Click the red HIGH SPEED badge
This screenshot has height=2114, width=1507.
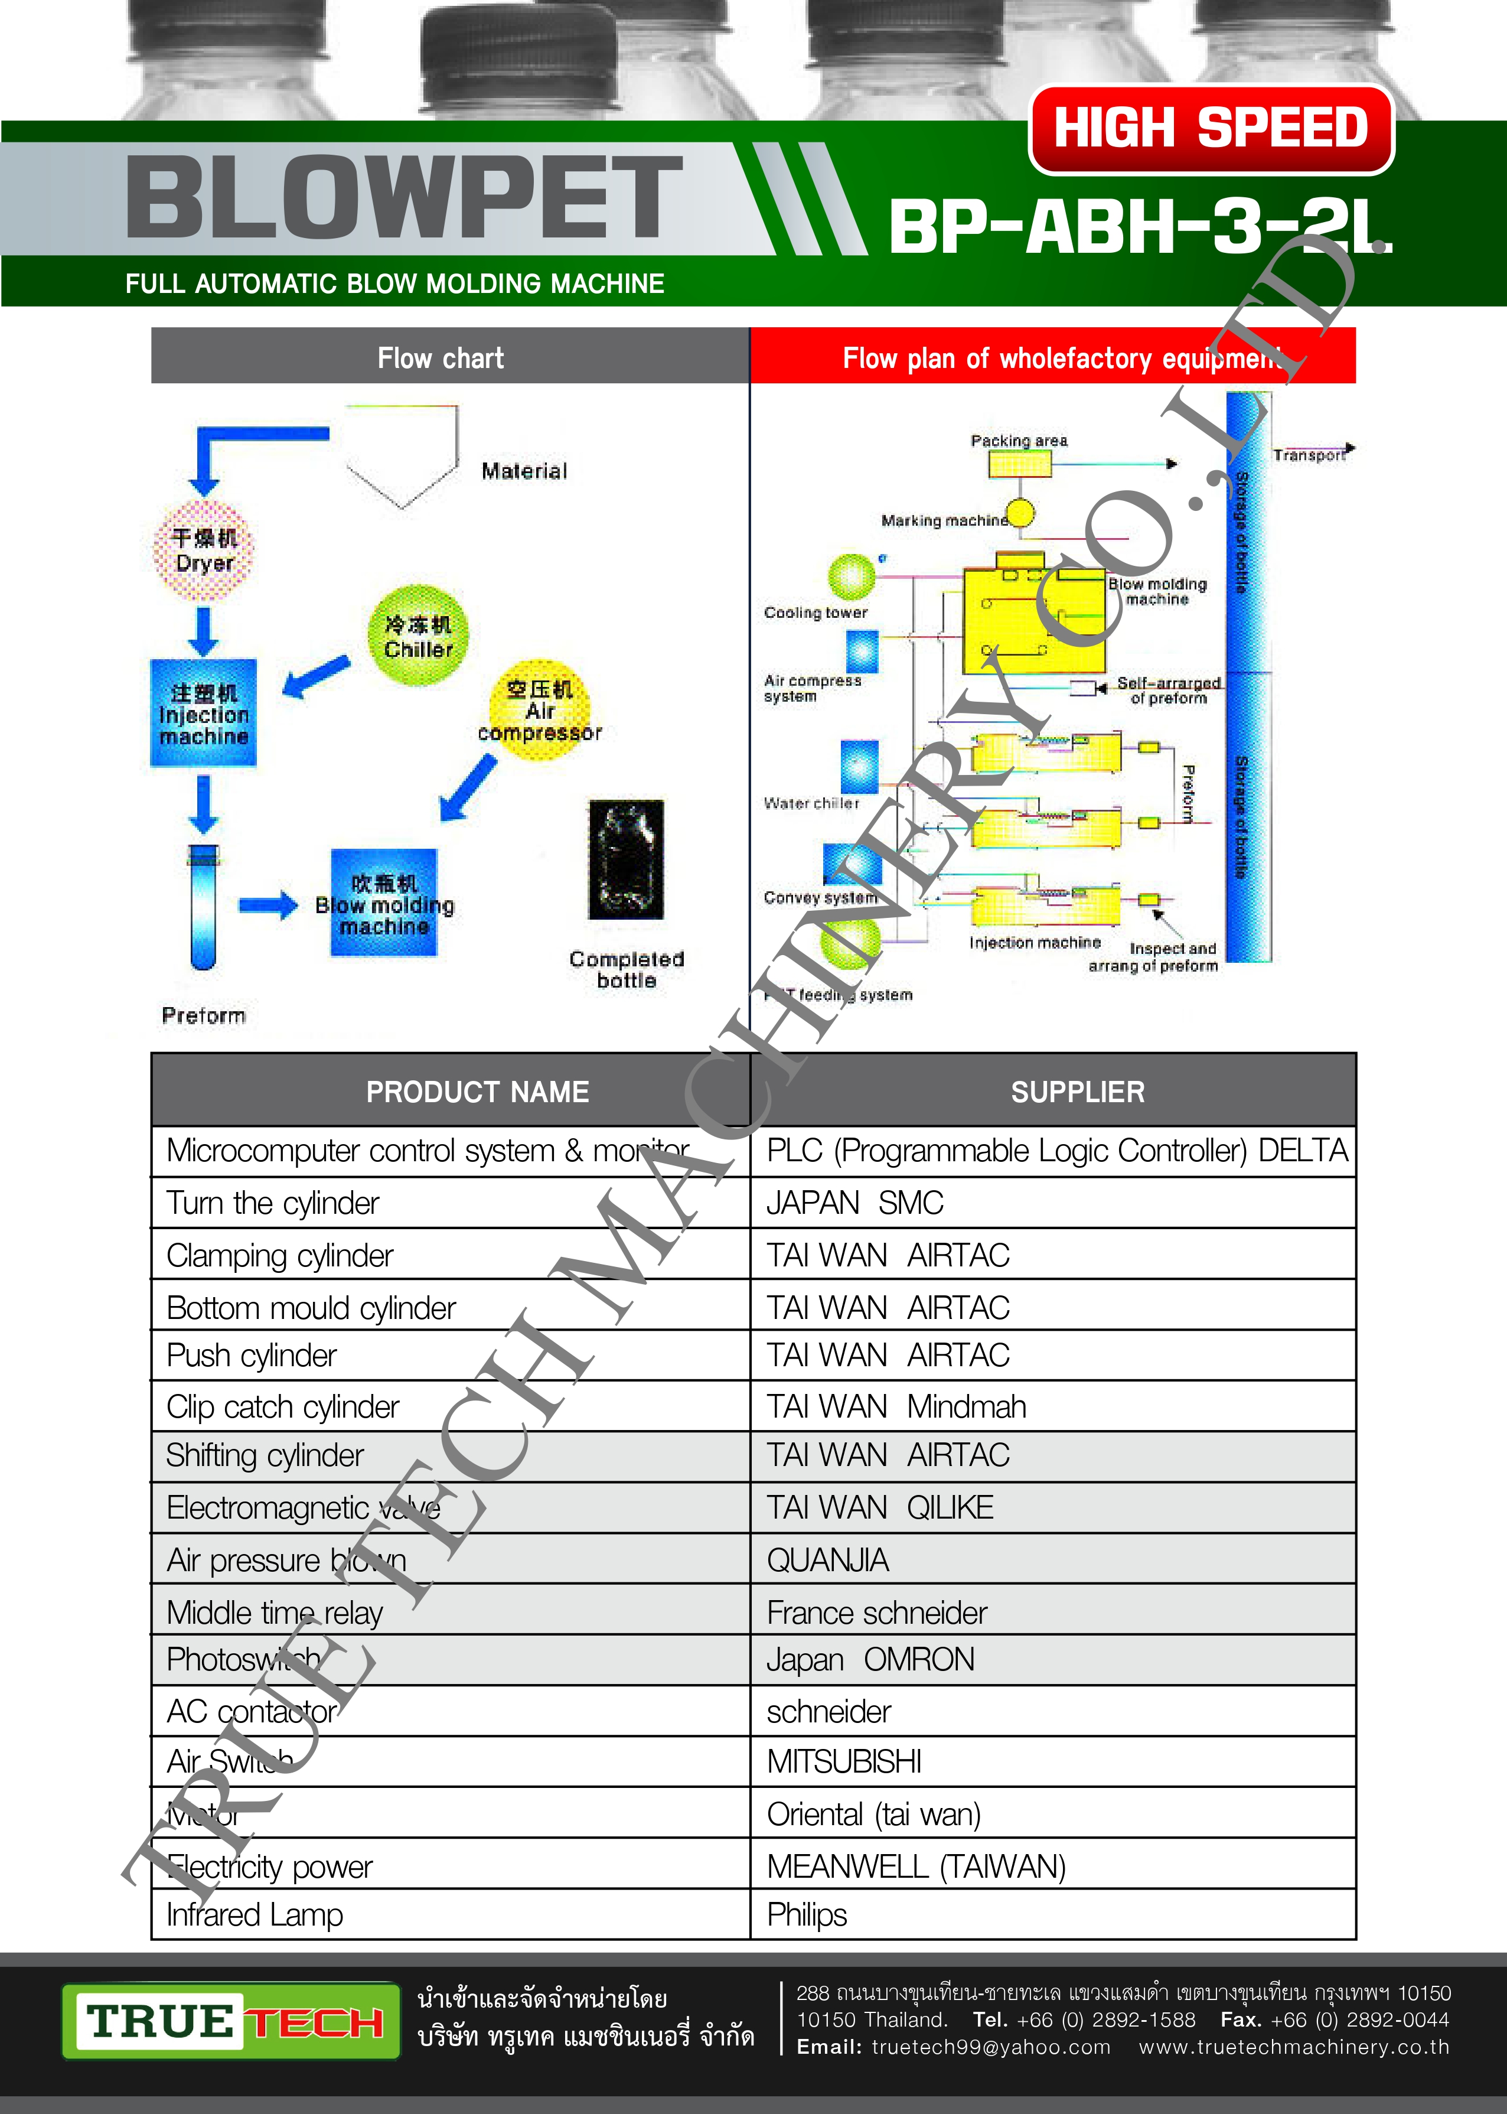1211,129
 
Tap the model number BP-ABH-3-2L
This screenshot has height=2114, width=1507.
1140,227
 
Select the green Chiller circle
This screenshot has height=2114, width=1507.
419,636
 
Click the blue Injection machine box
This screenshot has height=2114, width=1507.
203,713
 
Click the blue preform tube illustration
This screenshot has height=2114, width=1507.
203,905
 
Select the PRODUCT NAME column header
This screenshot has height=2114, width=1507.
477,1092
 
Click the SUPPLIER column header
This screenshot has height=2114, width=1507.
1077,1092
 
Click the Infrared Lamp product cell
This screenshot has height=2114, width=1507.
255,1914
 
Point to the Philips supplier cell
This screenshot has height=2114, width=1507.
807,1914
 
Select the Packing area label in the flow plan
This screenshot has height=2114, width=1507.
1019,441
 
